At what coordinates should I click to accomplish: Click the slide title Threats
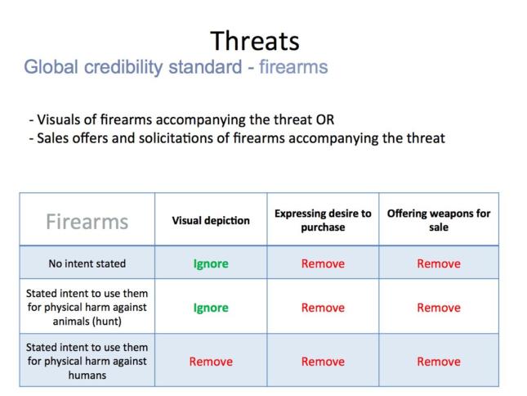pos(255,41)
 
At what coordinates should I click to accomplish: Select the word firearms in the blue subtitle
pos(293,66)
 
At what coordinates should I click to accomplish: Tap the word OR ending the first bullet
pos(324,119)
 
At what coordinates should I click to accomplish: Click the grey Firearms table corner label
pos(87,222)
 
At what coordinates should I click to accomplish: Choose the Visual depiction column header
pos(211,220)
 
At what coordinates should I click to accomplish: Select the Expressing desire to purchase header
pos(323,220)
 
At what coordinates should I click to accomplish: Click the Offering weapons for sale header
pos(439,220)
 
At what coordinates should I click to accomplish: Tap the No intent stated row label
pos(87,263)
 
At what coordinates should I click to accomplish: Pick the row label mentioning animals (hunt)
pos(87,307)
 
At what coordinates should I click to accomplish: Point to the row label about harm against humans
pos(87,361)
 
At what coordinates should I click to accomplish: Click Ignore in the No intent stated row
pos(211,263)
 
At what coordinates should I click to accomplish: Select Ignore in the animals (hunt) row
pos(211,308)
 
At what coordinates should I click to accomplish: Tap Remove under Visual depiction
pos(211,362)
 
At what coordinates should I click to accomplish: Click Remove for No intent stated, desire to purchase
pos(323,263)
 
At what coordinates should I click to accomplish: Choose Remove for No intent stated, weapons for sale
pos(439,263)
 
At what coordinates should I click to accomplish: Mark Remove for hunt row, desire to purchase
pos(323,308)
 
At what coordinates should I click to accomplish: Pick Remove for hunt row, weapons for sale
pos(439,308)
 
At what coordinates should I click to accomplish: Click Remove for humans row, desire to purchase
pos(323,362)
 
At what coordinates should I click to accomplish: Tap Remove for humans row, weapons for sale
pos(439,362)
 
